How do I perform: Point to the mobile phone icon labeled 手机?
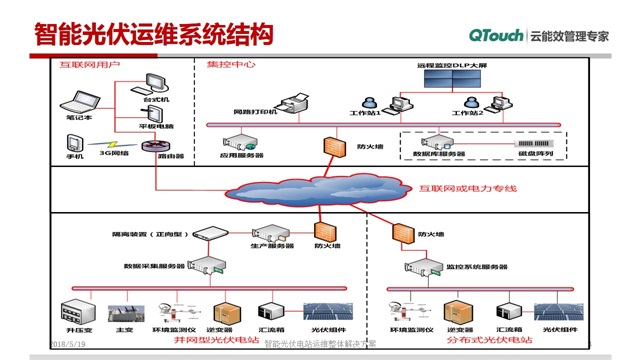coord(74,143)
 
